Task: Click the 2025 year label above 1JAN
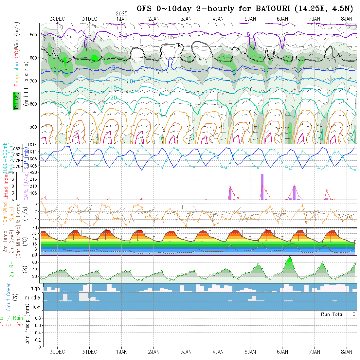tap(122, 13)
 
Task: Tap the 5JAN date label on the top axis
tap(250, 19)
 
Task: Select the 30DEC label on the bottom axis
tap(57, 352)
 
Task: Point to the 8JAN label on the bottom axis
tap(347, 352)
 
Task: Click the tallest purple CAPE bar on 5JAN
tap(262, 187)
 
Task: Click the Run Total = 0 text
tap(338, 314)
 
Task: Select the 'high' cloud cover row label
tap(35, 288)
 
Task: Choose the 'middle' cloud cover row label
tap(33, 298)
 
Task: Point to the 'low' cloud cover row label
tap(36, 307)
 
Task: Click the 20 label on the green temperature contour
tap(114, 98)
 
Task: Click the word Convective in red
tap(11, 324)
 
